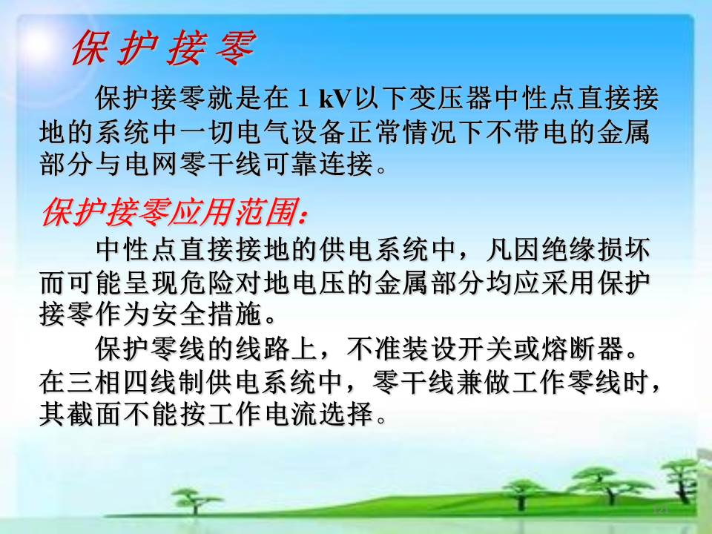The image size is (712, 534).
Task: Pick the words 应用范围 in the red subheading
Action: pos(234,212)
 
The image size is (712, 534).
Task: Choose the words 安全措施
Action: pos(205,314)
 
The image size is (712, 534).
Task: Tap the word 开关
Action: pos(484,349)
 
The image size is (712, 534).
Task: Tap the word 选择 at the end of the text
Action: pos(345,414)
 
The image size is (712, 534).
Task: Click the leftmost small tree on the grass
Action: pos(196,499)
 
